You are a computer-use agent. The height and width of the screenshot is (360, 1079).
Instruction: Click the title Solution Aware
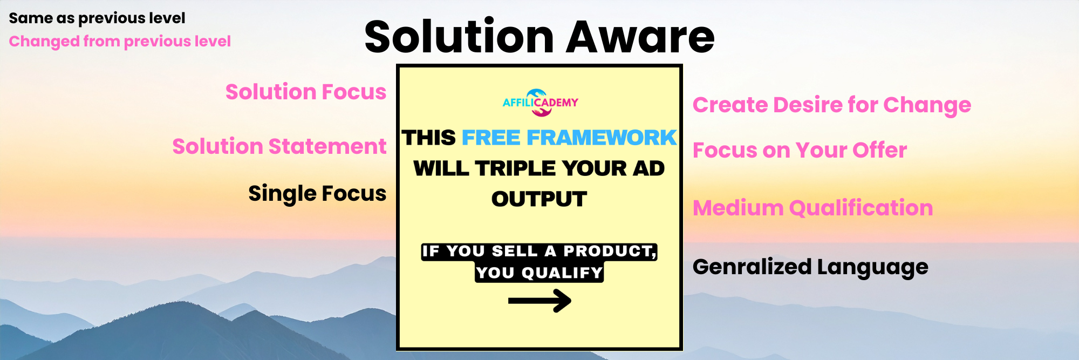(539, 37)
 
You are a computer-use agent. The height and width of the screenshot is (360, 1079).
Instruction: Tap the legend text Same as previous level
(97, 18)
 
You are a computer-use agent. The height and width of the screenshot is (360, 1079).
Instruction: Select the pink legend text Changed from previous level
(120, 42)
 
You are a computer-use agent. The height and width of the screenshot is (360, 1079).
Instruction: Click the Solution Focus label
(306, 92)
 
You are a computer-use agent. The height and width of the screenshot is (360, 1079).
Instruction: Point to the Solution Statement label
(279, 147)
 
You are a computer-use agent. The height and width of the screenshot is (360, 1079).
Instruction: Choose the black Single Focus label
(317, 194)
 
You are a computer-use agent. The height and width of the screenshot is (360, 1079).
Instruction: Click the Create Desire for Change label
(832, 105)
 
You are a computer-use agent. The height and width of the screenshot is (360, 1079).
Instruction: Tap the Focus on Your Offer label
(800, 151)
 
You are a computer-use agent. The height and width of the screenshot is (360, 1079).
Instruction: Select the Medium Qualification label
(812, 208)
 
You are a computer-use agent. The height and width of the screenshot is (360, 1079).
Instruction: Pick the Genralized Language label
(810, 267)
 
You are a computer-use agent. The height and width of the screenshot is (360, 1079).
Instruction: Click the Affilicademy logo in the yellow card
(540, 103)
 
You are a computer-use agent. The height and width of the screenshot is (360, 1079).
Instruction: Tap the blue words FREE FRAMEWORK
(569, 138)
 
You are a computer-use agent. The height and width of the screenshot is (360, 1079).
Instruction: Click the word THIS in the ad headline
(429, 138)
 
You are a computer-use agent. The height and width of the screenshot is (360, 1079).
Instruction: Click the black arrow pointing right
(539, 301)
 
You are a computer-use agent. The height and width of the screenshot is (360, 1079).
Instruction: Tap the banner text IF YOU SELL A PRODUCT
(539, 252)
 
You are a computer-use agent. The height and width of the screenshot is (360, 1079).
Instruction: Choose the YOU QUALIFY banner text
(539, 273)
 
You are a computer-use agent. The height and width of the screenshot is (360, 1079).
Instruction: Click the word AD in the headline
(649, 169)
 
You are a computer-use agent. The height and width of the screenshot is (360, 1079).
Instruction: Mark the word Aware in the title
(640, 37)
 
